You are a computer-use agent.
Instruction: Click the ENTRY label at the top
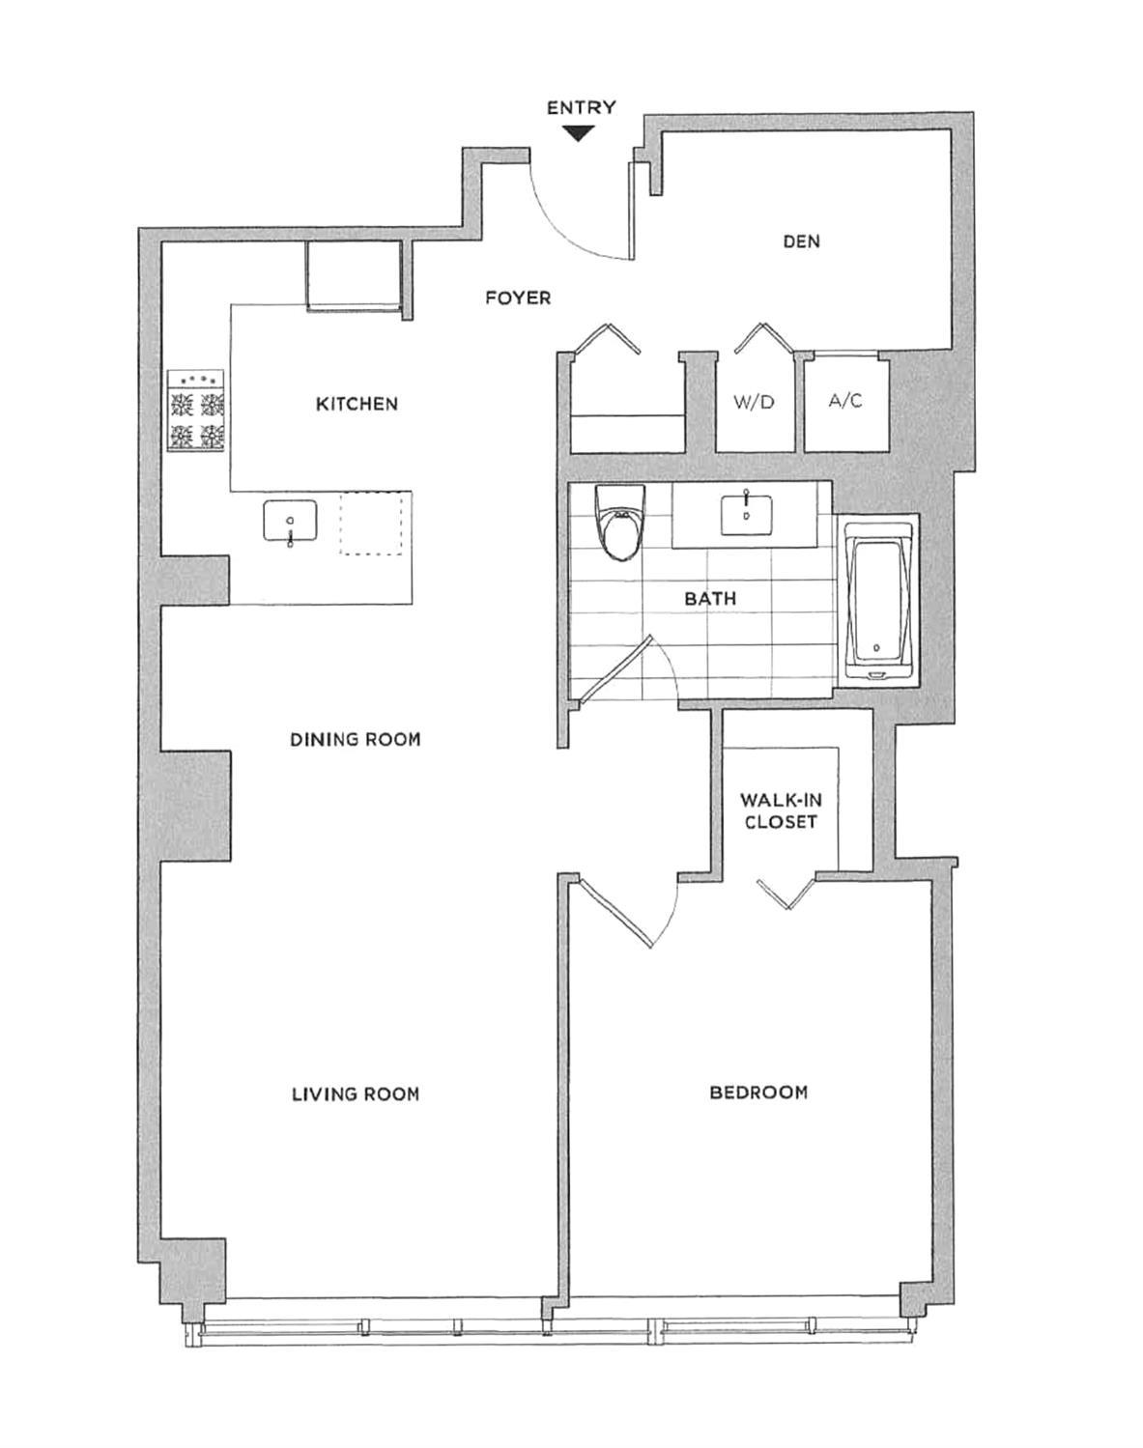tap(581, 107)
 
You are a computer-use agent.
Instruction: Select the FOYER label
tap(518, 298)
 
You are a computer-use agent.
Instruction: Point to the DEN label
tap(801, 241)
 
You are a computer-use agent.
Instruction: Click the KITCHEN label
tap(357, 404)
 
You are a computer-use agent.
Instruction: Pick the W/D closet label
tap(754, 402)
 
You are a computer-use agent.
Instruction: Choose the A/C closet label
tap(845, 401)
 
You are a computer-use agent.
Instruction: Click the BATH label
tap(710, 599)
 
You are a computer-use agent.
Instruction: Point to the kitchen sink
tap(290, 523)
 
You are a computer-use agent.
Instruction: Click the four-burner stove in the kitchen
tap(197, 411)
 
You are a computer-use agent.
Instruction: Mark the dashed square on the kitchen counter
tap(371, 523)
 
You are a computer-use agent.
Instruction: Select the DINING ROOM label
tap(356, 740)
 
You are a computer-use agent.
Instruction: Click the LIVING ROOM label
tap(356, 1094)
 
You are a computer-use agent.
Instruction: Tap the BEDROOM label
tap(758, 1093)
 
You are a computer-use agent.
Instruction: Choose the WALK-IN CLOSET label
tap(779, 811)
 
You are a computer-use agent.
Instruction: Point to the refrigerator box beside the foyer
tap(354, 275)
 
